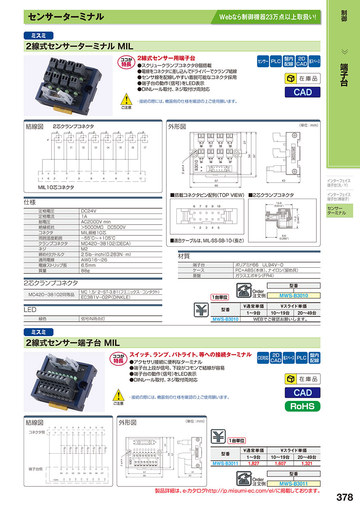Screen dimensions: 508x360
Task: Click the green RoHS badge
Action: [302, 406]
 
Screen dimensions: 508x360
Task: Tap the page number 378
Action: [344, 497]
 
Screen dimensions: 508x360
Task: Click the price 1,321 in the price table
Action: [307, 464]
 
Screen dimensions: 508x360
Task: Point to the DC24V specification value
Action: [89, 211]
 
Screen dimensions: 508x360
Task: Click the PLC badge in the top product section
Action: [276, 62]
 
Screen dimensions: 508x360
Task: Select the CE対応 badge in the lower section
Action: [263, 358]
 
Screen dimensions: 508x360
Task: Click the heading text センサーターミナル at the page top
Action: [66, 17]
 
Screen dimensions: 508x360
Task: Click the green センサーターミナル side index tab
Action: [340, 211]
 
